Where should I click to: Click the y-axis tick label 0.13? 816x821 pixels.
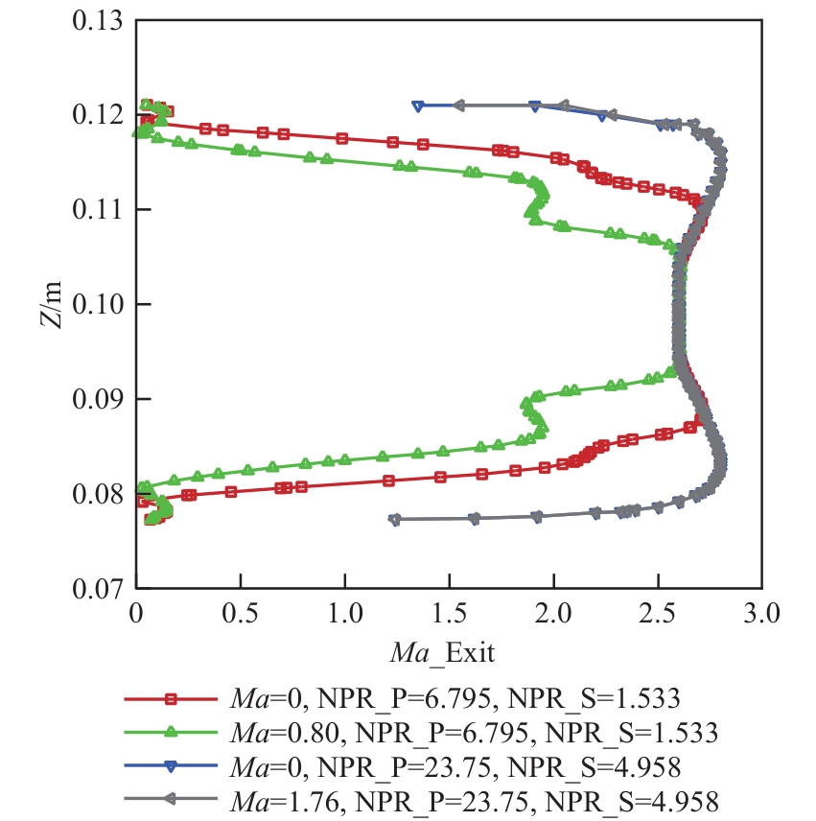[99, 21]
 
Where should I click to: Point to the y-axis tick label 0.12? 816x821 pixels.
[99, 115]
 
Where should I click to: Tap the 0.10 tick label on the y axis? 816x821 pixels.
[99, 305]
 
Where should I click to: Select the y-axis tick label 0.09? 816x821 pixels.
[99, 399]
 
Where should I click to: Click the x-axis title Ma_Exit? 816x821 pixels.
[442, 655]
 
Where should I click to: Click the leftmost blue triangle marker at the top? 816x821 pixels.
[418, 106]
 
